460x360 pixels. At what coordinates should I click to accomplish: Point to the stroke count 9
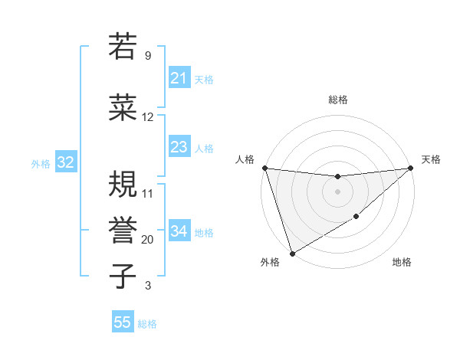pos(148,56)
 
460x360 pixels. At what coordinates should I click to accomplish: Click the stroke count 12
pos(148,117)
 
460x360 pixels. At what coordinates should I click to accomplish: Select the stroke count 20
pos(148,240)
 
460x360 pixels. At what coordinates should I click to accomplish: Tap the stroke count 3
pos(148,286)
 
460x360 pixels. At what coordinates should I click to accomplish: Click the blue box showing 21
pos(179,78)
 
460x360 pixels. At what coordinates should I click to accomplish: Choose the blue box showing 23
pos(179,147)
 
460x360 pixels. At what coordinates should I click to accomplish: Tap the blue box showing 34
pos(179,231)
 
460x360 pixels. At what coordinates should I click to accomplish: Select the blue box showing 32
pos(65,162)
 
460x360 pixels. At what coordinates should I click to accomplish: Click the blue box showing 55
pos(123,322)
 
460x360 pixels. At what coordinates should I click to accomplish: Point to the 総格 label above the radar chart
pos(337,100)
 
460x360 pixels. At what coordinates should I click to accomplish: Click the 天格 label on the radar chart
pos(431,159)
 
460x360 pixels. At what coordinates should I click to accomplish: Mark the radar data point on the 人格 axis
pos(264,168)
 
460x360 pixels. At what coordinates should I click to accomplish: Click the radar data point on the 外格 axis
pos(291,253)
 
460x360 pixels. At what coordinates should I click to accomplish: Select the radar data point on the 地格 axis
pos(356,218)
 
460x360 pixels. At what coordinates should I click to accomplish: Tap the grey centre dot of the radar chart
pos(337,191)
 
